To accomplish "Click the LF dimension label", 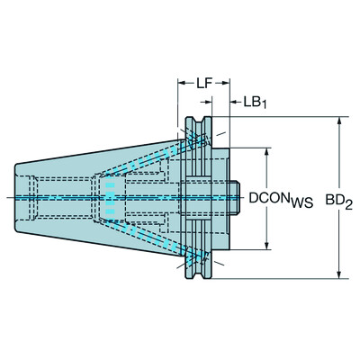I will pos(202,83).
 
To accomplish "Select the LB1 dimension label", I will pos(254,102).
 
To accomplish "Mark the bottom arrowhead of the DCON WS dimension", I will pos(268,246).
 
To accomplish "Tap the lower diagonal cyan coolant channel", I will pos(153,236).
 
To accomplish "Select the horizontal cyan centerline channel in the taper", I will pos(63,195).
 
